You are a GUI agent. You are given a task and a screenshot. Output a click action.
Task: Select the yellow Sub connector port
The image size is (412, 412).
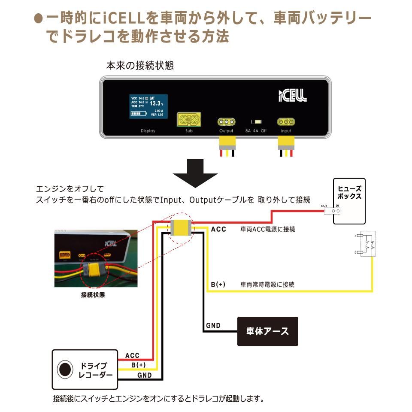[x=189, y=118]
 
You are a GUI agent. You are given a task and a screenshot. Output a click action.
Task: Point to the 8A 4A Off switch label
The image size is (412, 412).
[x=256, y=131]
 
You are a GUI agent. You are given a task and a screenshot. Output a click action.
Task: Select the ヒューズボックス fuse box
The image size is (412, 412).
[x=349, y=201]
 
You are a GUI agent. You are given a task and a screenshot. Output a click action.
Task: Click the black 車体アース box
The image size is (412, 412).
[x=268, y=331]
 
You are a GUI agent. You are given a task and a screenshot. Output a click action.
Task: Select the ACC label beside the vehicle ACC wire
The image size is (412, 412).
[x=218, y=229]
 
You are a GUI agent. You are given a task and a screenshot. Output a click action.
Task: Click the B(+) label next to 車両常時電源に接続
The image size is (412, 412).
[x=218, y=285]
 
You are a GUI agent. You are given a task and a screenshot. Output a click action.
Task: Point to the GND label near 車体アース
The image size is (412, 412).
[x=213, y=326]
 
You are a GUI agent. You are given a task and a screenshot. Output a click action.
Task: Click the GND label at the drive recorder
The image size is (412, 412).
[x=144, y=375]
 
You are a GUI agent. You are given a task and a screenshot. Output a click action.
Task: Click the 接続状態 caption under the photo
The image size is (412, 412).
[x=93, y=295]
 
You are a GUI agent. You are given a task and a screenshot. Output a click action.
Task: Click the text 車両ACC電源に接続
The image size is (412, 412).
[x=268, y=230]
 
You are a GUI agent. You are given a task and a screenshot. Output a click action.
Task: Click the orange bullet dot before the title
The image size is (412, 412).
[x=38, y=18]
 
